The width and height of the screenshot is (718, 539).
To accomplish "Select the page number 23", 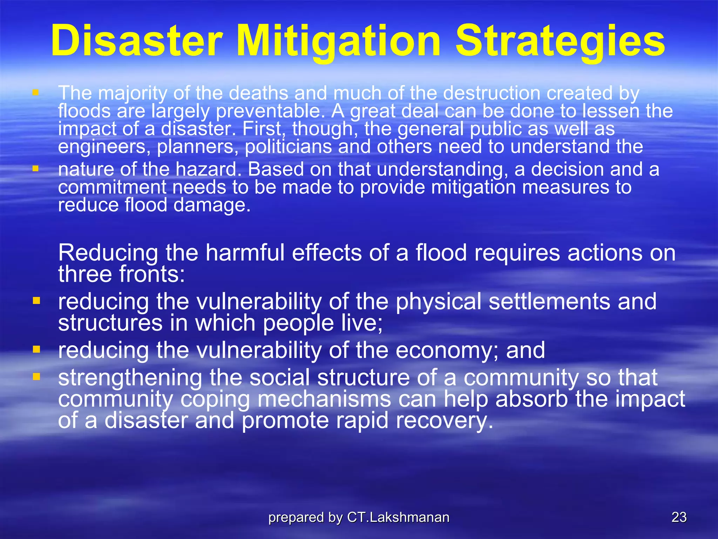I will (x=679, y=517).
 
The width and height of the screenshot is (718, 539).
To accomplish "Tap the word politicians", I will (x=288, y=147).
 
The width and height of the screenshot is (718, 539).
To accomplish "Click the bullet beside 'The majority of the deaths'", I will (x=35, y=93).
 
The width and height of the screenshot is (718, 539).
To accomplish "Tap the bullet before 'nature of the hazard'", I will (x=35, y=169).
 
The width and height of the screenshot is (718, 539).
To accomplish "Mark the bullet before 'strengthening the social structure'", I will (x=36, y=377).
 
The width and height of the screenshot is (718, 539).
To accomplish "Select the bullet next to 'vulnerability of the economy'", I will (x=36, y=350).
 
